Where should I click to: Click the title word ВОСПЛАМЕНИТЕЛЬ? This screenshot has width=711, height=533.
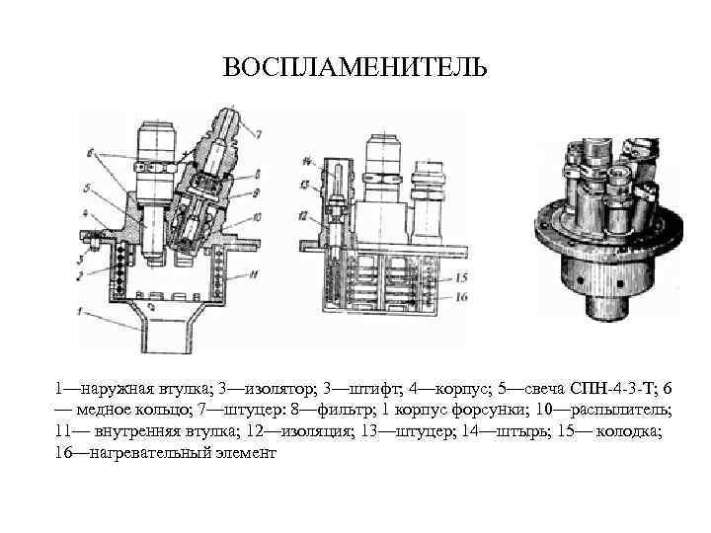coord(355,67)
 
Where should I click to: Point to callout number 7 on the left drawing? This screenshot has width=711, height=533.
coord(259,133)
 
